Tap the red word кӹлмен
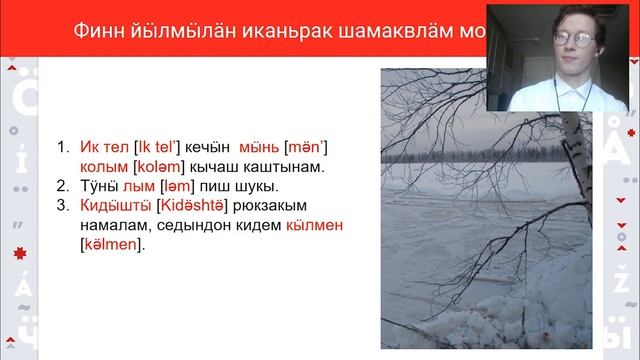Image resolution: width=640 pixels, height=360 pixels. pyautogui.click(x=314, y=225)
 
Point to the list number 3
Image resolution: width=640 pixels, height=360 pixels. pyautogui.click(x=61, y=206)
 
